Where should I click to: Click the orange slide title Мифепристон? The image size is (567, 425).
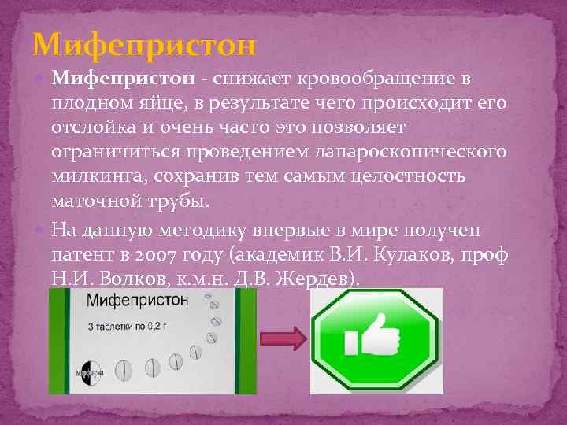(145, 45)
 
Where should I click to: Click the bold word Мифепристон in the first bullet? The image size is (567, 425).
(123, 79)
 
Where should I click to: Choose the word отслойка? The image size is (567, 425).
(98, 127)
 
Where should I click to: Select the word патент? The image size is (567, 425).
(80, 255)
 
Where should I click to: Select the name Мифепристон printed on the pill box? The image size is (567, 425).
(139, 300)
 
